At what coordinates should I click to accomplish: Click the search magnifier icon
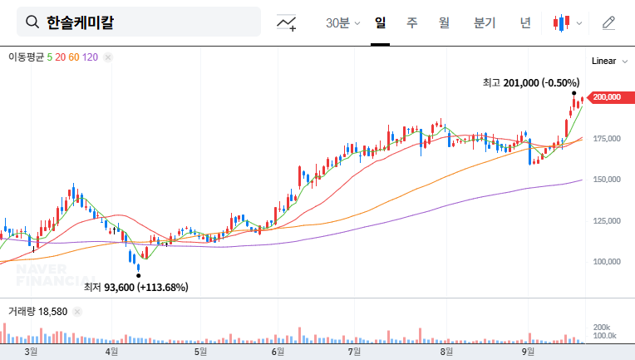[x=32, y=22]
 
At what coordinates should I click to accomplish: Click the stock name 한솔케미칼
[x=80, y=22]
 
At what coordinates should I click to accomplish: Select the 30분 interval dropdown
[x=342, y=22]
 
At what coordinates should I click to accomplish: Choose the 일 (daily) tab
[x=381, y=22]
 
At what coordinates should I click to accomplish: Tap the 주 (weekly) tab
[x=411, y=22]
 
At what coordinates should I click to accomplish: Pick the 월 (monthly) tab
[x=444, y=22]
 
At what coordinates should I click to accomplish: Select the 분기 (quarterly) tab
[x=484, y=22]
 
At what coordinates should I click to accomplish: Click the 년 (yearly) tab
[x=525, y=22]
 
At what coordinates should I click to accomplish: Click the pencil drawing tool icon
[x=608, y=22]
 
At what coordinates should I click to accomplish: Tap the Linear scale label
[x=604, y=62]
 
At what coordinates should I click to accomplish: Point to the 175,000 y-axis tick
[x=607, y=138]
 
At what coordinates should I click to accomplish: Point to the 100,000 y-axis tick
[x=607, y=261]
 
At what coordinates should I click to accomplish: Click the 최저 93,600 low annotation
[x=135, y=288]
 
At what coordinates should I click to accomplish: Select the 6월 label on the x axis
[x=278, y=352]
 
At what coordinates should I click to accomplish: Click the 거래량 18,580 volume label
[x=37, y=311]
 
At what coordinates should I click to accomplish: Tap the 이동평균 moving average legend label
[x=26, y=57]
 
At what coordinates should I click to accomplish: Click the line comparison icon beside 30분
[x=287, y=22]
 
